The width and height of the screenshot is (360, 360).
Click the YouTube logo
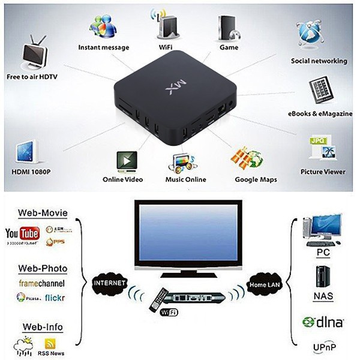pos(22,233)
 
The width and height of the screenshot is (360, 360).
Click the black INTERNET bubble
pos(110,281)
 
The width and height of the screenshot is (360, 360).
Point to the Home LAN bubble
pos(263,281)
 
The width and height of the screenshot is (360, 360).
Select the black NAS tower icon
pos(323,278)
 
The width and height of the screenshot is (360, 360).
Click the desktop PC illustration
pos(322,231)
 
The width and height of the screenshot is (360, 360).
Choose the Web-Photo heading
pos(43,268)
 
